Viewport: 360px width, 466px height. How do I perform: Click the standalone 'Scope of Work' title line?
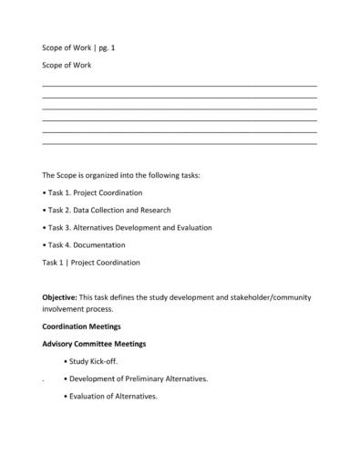pos(67,66)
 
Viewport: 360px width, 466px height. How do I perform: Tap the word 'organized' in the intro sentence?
pos(116,174)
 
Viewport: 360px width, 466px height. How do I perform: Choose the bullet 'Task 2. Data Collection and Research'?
pos(107,210)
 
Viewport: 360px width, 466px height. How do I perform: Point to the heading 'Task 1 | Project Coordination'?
pos(91,263)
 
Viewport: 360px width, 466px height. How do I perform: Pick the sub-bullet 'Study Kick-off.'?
pos(106,361)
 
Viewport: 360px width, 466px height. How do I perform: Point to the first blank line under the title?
pos(180,85)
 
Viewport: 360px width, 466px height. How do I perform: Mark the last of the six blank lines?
pos(180,143)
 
